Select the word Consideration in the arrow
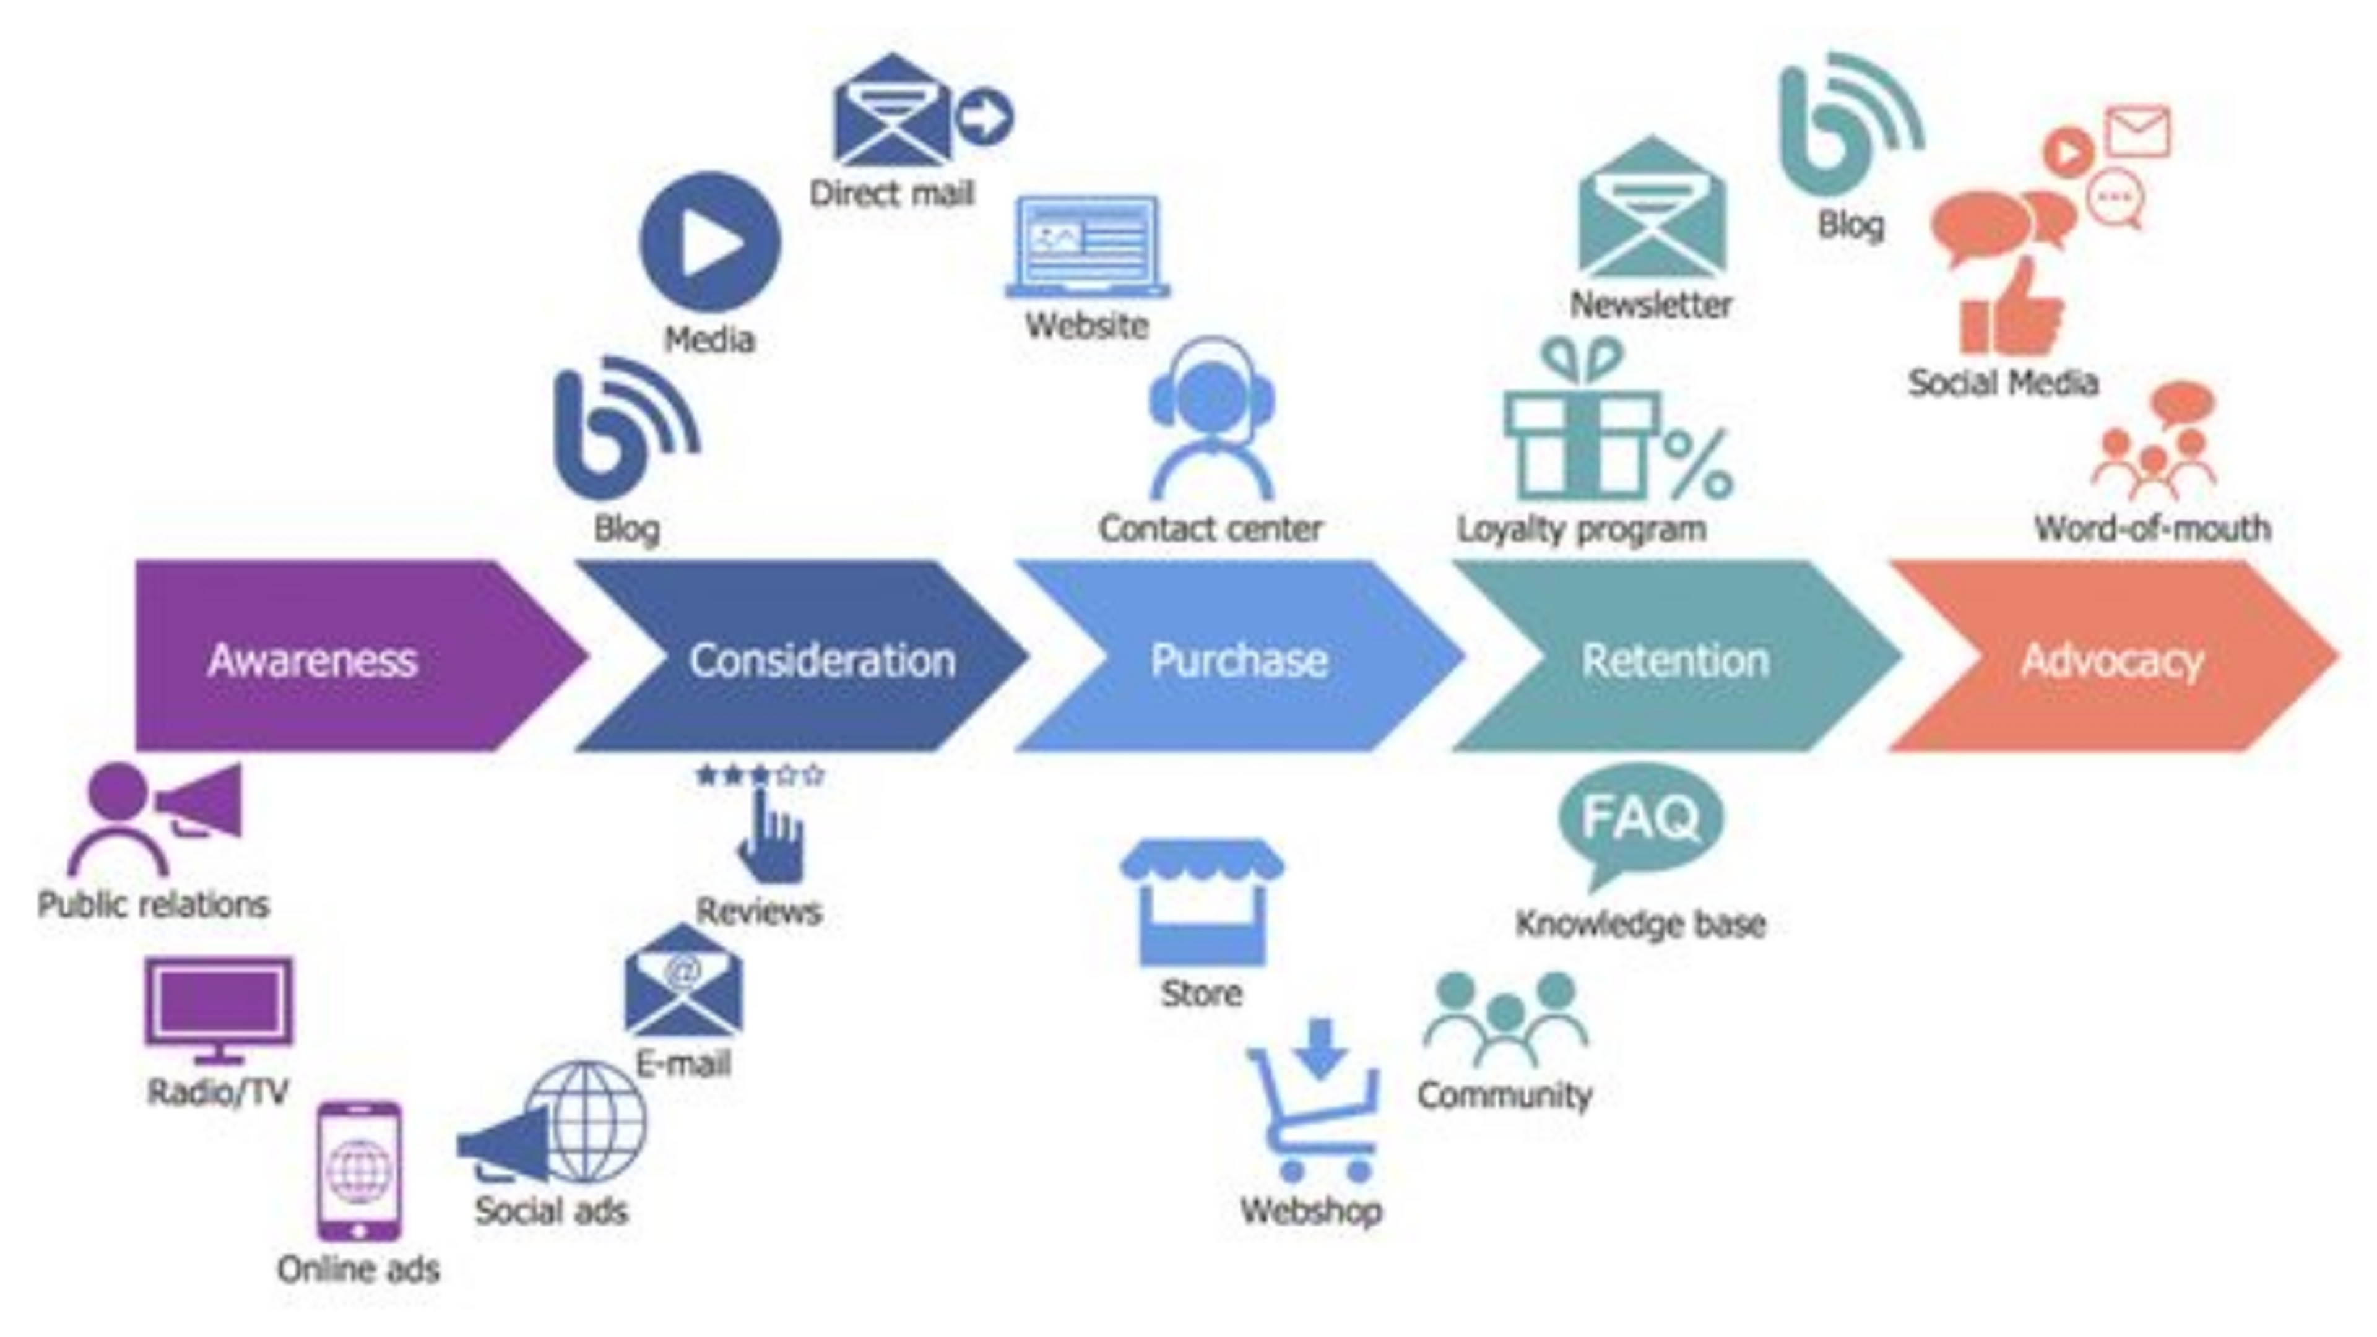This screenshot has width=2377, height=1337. click(x=822, y=660)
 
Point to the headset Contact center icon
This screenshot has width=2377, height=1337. click(x=1211, y=420)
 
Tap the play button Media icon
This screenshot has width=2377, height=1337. click(x=709, y=242)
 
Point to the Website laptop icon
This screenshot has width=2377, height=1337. click(x=1087, y=248)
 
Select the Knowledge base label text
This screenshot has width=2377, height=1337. click(x=1640, y=924)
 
